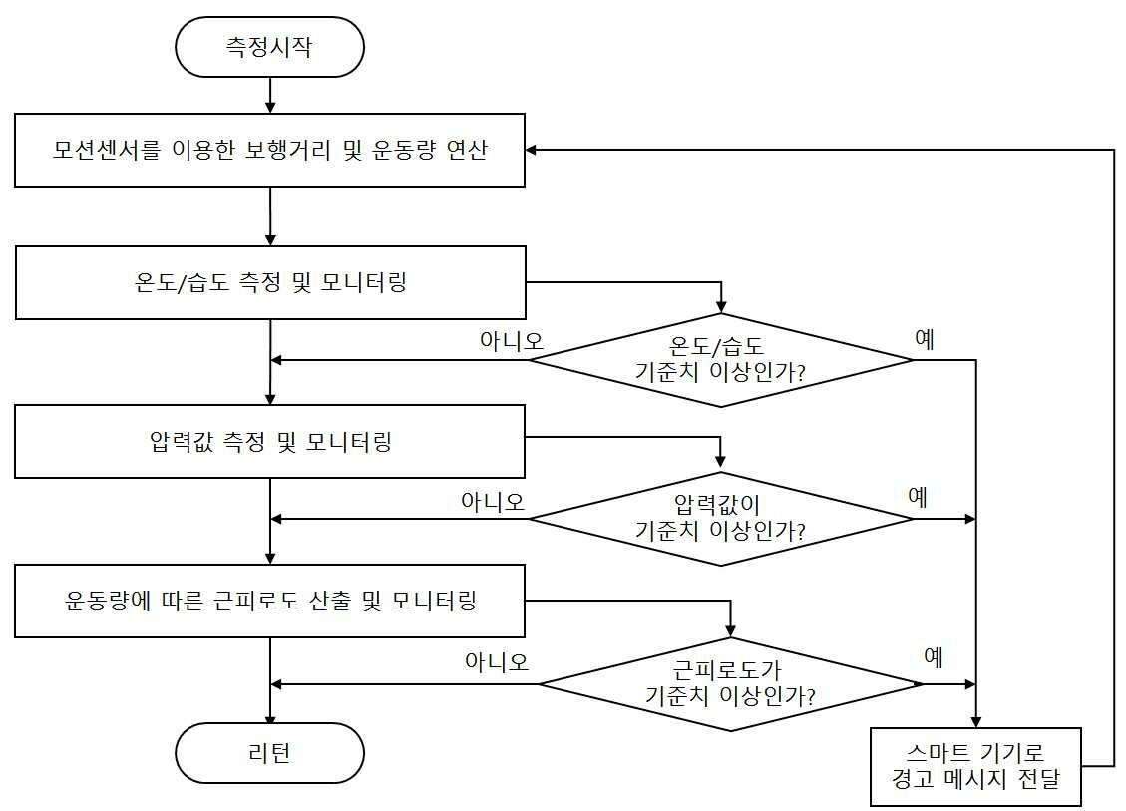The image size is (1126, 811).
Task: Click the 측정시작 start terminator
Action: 269,47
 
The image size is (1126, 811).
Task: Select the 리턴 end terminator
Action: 269,752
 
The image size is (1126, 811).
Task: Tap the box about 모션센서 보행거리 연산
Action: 269,151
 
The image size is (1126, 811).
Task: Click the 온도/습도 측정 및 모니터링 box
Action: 269,283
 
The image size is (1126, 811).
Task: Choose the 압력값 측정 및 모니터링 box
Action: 269,440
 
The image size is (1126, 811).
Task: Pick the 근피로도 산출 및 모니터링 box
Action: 269,601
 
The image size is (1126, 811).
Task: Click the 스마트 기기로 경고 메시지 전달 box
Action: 976,767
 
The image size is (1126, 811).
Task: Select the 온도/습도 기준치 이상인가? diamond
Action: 721,359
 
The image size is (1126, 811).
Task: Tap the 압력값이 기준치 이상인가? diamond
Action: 721,518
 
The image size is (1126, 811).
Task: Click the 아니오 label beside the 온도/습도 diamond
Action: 511,340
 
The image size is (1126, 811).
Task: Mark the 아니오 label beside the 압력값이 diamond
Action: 493,500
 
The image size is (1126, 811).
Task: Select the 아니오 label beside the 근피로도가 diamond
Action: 497,661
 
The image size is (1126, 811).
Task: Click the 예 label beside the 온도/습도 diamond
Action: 925,339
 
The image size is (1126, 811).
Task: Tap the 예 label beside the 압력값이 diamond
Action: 918,497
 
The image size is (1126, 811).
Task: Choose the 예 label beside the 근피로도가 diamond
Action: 934,658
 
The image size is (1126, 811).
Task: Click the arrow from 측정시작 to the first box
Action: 270,96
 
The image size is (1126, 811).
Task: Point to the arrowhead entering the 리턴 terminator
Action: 270,717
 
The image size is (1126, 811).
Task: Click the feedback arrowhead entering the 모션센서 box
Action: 533,151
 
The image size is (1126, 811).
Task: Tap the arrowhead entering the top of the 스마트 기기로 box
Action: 976,722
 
